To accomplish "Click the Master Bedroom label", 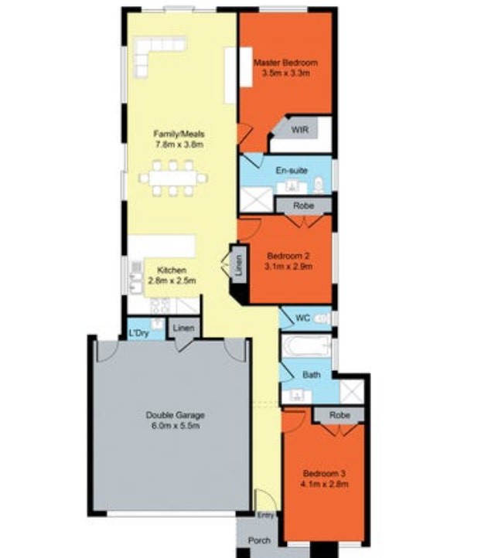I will (x=285, y=63).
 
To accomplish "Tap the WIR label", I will (x=299, y=130).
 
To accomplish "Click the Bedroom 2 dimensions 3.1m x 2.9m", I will (x=288, y=267).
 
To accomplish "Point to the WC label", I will (x=302, y=317).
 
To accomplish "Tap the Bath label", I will (x=311, y=375).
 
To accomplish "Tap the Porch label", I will (x=259, y=540).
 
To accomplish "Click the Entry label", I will (x=265, y=515).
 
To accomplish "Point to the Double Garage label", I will (x=175, y=415).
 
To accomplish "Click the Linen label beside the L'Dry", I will (x=183, y=328).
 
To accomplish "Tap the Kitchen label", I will (x=172, y=270).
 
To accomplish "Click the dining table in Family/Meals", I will (x=173, y=177).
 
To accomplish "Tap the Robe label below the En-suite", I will (x=304, y=206).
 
